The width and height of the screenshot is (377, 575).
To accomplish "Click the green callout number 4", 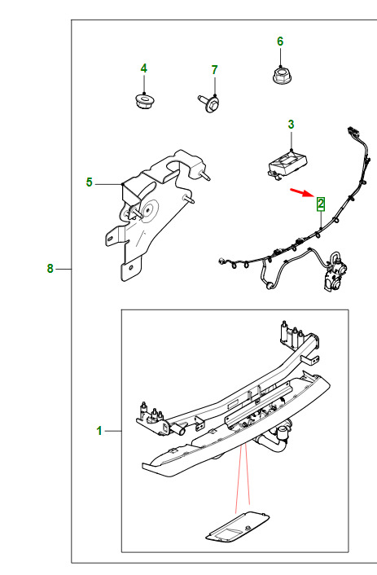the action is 144,68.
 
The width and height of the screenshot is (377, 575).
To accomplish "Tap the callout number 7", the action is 214,70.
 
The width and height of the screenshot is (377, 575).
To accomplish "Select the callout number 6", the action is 280,42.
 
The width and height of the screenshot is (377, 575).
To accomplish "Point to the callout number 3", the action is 291,125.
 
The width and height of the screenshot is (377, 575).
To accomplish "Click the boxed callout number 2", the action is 321,204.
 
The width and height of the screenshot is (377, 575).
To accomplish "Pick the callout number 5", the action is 89,182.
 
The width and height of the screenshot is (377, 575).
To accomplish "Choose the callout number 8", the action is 50,269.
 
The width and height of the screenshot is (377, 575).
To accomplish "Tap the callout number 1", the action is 99,431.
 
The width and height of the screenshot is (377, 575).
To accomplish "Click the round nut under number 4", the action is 143,101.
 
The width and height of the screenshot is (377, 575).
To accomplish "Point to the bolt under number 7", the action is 208,103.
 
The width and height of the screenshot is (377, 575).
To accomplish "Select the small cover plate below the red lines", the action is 237,526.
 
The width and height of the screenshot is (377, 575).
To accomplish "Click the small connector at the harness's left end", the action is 221,261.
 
